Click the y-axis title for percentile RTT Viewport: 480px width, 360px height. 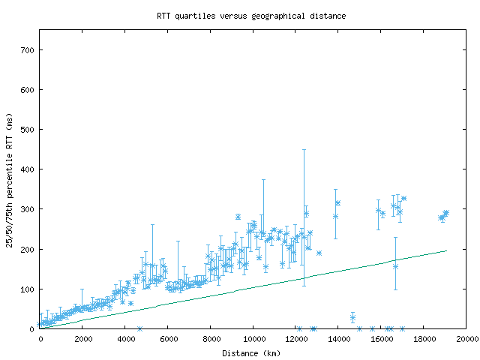pos(10,179)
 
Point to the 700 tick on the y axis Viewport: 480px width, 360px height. pos(27,50)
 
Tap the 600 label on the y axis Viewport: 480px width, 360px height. pos(27,90)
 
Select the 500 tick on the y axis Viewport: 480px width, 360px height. pos(27,130)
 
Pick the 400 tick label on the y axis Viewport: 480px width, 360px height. pos(27,169)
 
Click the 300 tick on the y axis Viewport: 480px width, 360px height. pos(27,209)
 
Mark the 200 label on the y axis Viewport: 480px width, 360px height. pos(27,249)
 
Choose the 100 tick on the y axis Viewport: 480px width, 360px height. pos(27,289)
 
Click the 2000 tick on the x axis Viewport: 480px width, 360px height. pos(83,340)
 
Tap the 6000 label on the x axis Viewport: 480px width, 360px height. pos(168,340)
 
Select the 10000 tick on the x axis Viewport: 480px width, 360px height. pos(253,340)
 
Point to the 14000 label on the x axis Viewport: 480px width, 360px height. pos(339,340)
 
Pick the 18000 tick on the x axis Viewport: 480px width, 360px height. pos(424,340)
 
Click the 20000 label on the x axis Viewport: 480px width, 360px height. pos(467,340)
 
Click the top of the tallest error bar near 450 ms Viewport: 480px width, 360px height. pos(304,150)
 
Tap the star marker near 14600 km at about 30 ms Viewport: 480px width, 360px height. pos(352,318)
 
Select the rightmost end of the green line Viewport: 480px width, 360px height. pos(446,251)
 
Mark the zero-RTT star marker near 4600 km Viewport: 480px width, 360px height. pos(139,328)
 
